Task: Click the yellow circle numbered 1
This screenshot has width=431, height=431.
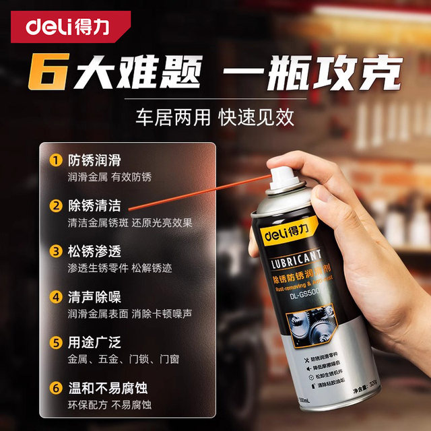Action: point(56,161)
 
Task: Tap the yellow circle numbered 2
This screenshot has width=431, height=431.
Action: point(56,206)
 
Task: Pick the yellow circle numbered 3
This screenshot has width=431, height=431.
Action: point(56,251)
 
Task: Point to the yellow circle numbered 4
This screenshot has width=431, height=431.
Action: point(56,296)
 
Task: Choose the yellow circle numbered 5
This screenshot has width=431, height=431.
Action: point(56,342)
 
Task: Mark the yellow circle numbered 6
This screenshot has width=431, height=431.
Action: point(56,388)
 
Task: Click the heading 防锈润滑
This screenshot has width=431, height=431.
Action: point(94,161)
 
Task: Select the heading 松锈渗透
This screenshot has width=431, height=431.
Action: point(94,251)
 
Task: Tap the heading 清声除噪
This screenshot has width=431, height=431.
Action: point(94,296)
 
